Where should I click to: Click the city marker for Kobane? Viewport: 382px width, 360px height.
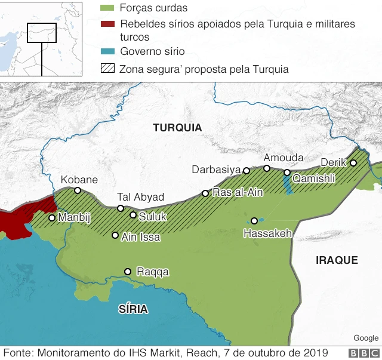78,190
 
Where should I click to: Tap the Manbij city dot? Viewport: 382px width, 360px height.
52,218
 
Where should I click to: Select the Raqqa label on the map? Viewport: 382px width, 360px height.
153,272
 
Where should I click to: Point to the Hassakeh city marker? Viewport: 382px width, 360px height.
254,221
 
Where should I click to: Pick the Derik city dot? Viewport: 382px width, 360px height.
353,163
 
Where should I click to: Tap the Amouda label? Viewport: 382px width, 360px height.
284,158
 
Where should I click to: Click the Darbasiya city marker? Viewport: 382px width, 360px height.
247,171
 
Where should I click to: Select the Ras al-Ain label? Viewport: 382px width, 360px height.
238,193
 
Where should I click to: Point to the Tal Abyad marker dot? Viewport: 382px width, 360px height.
121,208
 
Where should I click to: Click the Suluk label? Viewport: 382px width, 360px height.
153,217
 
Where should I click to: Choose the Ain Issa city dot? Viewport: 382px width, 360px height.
115,235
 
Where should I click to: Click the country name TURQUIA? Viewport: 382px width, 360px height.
177,128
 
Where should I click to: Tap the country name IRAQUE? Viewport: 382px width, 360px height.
337,260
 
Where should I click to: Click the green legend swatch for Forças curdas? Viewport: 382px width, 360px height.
107,8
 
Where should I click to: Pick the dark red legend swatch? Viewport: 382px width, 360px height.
107,24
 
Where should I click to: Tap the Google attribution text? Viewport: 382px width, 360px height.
366,339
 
